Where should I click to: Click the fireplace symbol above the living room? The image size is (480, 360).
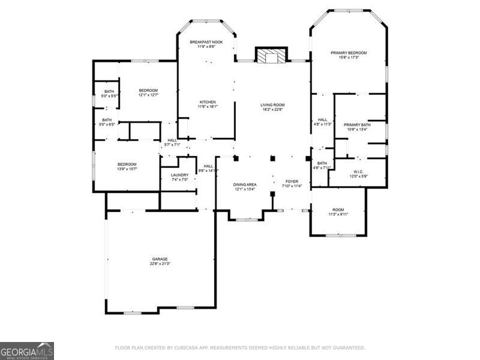pyautogui.click(x=272, y=56)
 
